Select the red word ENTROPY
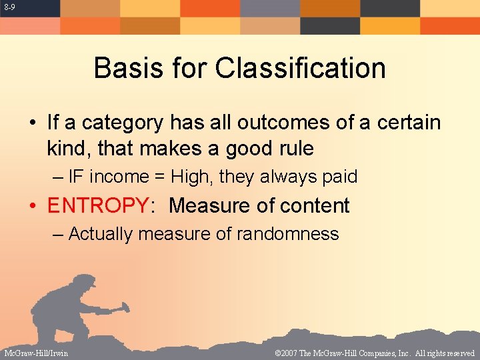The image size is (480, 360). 99,205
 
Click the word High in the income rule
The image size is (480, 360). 191,177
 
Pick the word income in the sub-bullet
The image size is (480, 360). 119,177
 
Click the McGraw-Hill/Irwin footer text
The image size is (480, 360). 35,353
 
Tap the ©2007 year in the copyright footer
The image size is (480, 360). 289,353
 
